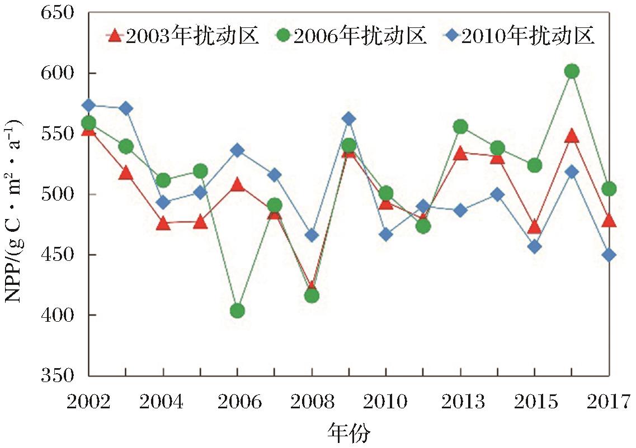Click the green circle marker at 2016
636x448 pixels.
tap(571, 71)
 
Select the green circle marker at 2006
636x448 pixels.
tap(237, 311)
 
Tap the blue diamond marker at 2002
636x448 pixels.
tap(88, 105)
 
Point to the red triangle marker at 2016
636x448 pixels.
tap(571, 136)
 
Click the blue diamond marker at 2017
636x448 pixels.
tap(609, 255)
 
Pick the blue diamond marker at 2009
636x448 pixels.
tap(348, 118)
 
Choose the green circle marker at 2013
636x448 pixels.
tap(460, 127)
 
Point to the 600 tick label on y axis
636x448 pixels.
tap(58, 73)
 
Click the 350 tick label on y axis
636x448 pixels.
tap(58, 375)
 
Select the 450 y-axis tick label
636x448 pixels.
tap(58, 255)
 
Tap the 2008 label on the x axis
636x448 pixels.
tap(312, 402)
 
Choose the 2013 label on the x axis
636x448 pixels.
tap(460, 402)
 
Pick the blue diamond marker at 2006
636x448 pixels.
tap(237, 150)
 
